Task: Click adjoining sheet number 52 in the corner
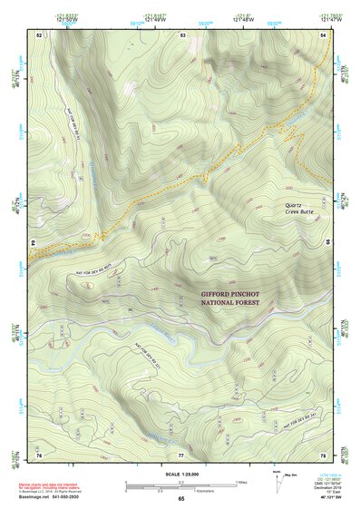[39, 34]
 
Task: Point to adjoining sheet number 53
[182, 34]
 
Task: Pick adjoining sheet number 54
[324, 34]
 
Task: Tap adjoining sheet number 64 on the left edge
[35, 243]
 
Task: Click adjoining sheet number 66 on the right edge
[327, 243]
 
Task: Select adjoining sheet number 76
[39, 453]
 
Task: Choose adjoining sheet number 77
[181, 453]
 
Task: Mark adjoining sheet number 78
[324, 453]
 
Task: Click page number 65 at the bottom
[181, 498]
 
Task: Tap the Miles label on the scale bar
[240, 481]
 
